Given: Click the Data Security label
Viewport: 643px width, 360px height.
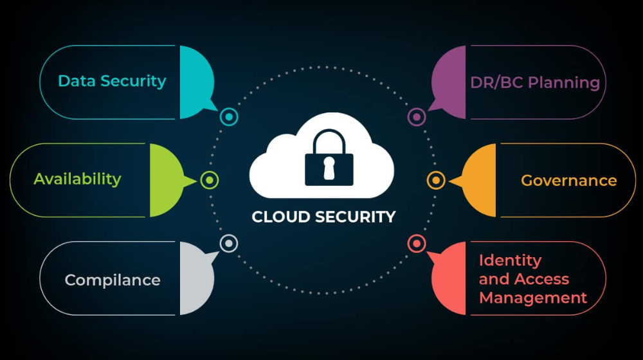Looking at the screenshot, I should (x=112, y=81).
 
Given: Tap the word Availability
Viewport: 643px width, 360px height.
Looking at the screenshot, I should (x=77, y=179).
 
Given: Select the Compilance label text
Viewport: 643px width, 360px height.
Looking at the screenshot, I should (x=113, y=280).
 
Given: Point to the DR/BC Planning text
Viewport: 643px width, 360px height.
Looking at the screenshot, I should (x=535, y=82).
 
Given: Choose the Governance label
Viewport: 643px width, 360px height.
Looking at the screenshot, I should (x=568, y=181).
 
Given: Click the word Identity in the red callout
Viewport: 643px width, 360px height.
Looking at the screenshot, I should (x=510, y=260).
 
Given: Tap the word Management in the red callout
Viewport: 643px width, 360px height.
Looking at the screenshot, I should (x=533, y=298).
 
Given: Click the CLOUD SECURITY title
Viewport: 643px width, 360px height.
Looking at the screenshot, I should (x=323, y=217).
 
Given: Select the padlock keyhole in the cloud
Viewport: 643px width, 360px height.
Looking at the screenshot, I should (x=329, y=168).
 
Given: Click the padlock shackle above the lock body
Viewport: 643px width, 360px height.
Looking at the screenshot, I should (x=329, y=141).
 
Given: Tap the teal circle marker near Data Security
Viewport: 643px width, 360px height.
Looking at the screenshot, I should (x=229, y=117).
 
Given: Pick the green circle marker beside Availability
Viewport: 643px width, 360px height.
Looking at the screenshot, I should (x=210, y=181).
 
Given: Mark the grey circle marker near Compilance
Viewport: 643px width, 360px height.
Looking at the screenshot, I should (x=229, y=243).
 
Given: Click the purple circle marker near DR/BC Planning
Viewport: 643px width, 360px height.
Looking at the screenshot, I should (x=417, y=117).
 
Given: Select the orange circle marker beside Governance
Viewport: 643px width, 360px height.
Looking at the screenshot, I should (x=436, y=181).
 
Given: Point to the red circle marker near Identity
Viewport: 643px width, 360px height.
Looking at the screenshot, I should (x=417, y=243).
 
